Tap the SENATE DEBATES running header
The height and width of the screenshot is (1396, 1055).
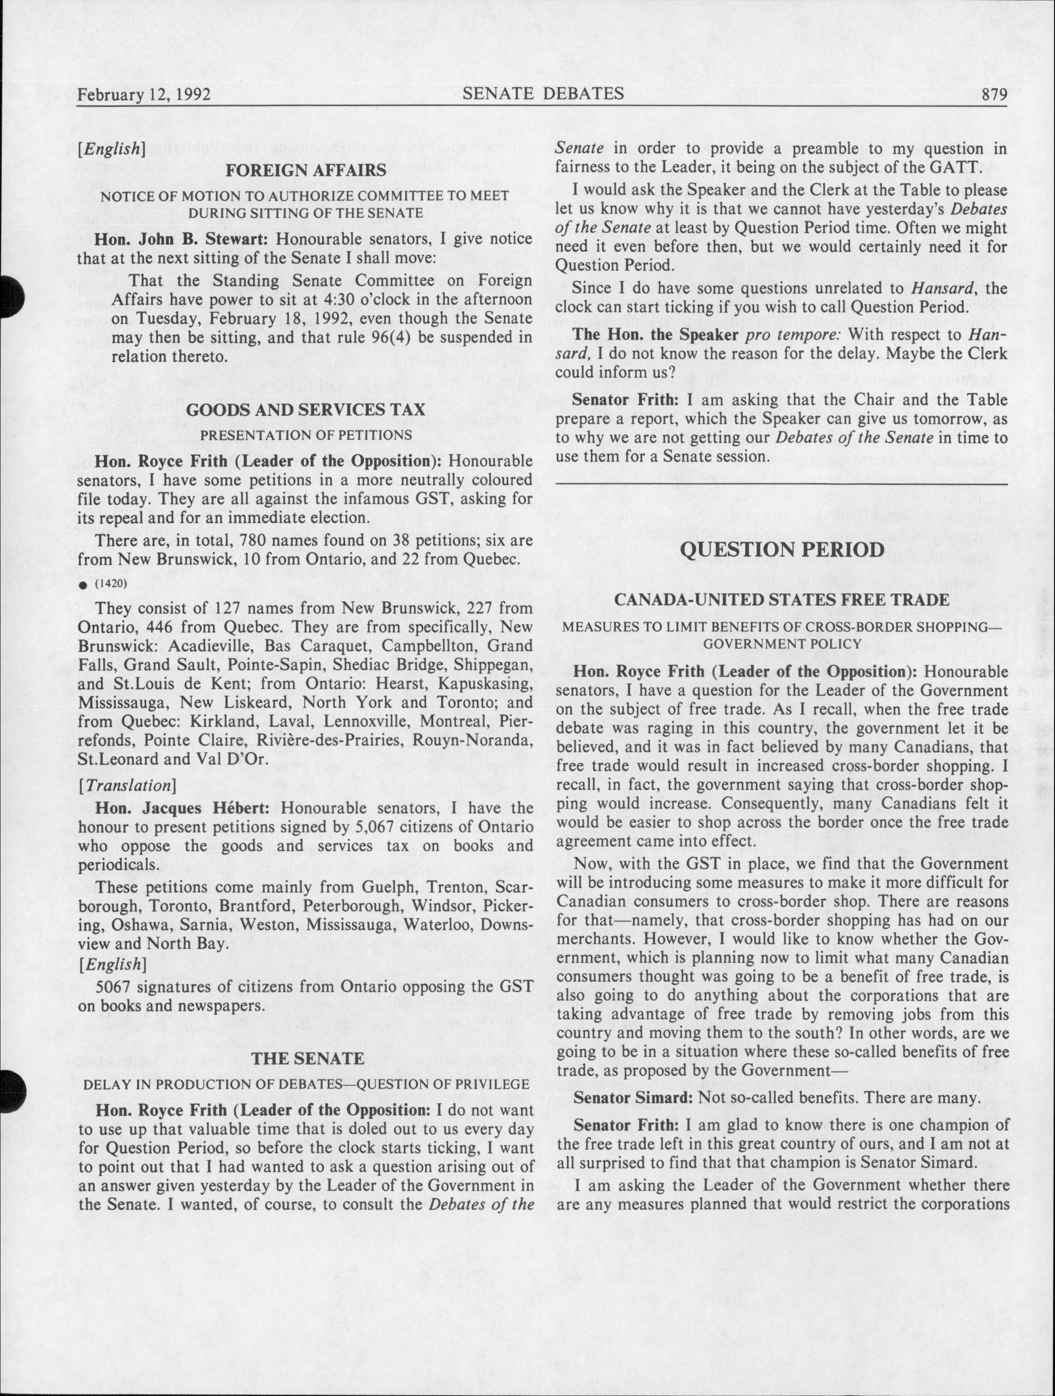(543, 94)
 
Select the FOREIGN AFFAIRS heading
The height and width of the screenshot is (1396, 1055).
(306, 170)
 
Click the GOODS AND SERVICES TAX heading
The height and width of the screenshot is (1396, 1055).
(306, 409)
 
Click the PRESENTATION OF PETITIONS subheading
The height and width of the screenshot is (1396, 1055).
(306, 435)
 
